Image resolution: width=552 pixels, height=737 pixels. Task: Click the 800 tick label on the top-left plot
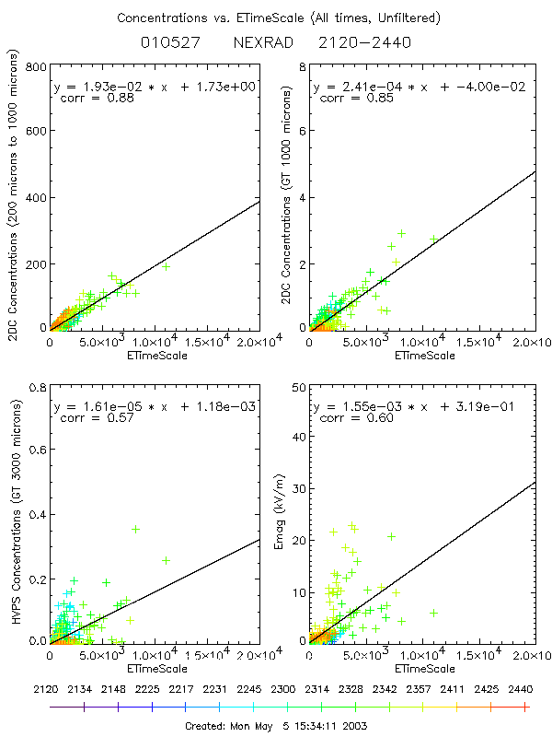pos(34,67)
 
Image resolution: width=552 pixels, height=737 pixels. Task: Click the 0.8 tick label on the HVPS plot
pos(34,386)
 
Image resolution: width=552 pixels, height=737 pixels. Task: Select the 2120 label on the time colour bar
pos(51,688)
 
